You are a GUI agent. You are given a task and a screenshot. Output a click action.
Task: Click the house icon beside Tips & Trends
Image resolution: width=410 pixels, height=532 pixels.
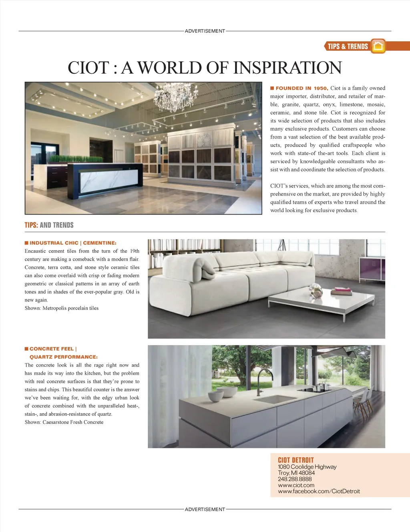point(378,46)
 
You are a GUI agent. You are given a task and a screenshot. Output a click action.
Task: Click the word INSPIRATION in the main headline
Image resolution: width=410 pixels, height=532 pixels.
point(287,68)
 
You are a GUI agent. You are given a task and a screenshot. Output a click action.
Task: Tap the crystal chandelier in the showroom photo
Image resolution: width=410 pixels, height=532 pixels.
point(176,96)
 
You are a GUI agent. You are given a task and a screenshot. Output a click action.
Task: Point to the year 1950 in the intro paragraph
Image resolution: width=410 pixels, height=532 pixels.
point(320,88)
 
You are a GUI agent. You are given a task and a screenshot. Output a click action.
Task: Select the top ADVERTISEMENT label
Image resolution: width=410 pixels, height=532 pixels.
point(205,31)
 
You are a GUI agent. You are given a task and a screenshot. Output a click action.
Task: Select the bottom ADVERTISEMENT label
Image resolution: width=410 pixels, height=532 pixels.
point(205,509)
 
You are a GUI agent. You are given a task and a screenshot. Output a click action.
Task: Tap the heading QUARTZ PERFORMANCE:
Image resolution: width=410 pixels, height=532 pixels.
point(64,357)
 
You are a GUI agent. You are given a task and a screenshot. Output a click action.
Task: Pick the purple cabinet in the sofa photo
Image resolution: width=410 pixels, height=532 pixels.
point(372,269)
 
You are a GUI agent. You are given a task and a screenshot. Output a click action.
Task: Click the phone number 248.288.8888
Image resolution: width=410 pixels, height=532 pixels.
point(295,479)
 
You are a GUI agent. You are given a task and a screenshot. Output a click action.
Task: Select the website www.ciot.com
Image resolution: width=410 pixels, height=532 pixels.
point(296,485)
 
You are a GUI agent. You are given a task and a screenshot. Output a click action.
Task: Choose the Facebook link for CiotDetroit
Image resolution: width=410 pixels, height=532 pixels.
point(319,491)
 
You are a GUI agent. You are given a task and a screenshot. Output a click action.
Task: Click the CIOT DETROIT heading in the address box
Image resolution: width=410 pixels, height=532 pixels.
point(296,460)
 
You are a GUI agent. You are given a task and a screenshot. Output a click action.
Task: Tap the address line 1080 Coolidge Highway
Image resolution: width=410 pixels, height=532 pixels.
point(307,467)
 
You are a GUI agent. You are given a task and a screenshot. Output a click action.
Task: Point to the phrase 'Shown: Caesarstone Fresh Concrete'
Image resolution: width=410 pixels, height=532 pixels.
point(64,422)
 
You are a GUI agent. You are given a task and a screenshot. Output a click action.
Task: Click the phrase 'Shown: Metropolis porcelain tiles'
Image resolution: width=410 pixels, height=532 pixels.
point(62,308)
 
